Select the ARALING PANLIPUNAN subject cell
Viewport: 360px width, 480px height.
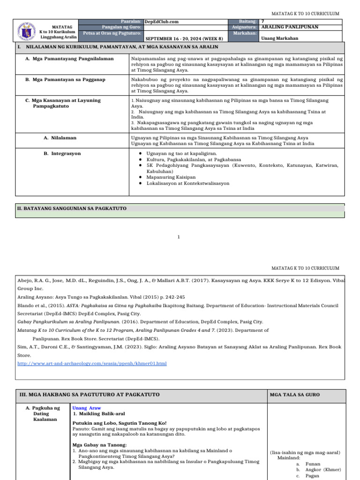tap(289, 27)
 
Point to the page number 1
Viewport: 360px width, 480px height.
tap(179, 237)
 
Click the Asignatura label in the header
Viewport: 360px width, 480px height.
tap(244, 27)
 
